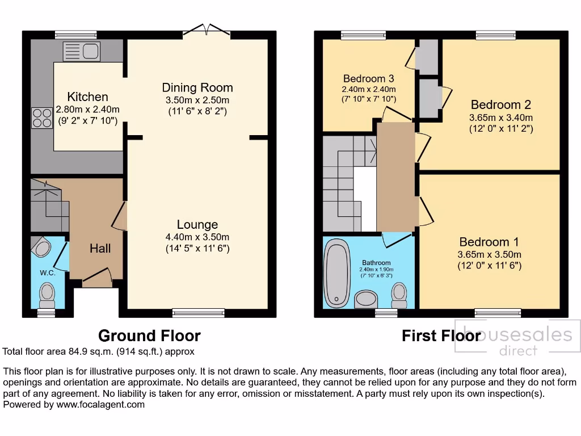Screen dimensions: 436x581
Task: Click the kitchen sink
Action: tap(82, 52)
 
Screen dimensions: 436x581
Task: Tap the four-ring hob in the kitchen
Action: tap(41, 118)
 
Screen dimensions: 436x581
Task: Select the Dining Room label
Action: tap(197, 87)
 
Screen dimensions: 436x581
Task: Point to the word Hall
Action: tap(100, 248)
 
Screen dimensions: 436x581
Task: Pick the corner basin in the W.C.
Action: tap(41, 247)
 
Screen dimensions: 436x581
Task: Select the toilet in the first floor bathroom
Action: tap(399, 295)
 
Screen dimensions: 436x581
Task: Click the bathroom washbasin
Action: tap(366, 299)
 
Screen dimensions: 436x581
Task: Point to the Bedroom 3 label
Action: tap(368, 78)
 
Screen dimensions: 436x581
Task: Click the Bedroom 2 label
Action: tap(500, 104)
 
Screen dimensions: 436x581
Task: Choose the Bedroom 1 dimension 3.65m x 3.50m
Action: tap(489, 254)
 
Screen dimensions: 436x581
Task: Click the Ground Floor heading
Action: tap(149, 336)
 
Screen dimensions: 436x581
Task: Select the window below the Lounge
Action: tap(198, 312)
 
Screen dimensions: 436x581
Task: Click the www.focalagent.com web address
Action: tap(100, 405)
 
